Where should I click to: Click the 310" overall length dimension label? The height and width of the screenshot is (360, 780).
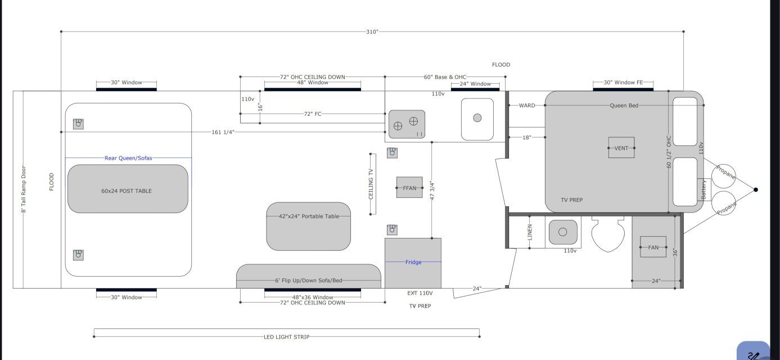tap(372, 31)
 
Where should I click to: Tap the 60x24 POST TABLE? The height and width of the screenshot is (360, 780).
tap(127, 190)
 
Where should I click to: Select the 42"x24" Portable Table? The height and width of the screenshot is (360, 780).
tap(309, 217)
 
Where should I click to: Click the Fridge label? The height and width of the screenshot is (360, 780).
tap(413, 262)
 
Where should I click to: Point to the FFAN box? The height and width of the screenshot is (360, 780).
tap(409, 188)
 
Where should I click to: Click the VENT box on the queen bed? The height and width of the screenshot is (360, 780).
tap(621, 148)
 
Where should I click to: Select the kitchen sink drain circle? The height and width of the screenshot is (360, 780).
tap(477, 118)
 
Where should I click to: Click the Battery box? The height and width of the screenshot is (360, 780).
tap(703, 190)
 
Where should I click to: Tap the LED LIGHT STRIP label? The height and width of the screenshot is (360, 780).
tap(286, 337)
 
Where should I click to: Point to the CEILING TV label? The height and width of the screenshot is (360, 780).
tap(371, 183)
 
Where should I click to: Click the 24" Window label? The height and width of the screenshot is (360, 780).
tap(475, 84)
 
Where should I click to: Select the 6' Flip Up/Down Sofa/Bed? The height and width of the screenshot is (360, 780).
tap(308, 280)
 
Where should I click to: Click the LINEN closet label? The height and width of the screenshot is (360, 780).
tap(530, 232)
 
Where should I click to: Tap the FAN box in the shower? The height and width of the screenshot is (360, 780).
tap(653, 247)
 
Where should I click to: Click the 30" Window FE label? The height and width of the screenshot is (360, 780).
tap(623, 83)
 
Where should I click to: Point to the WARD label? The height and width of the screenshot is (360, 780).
tap(527, 105)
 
